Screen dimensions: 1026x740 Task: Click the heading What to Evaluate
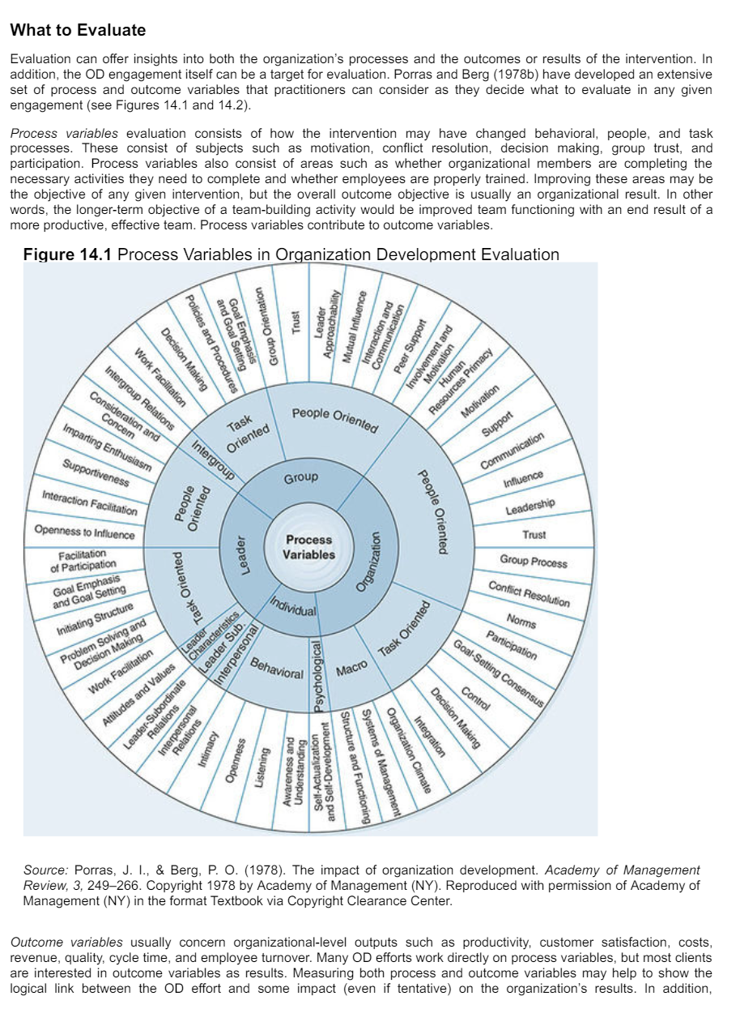click(78, 31)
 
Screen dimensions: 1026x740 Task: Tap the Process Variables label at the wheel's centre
click(309, 547)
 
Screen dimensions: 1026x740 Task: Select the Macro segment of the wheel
click(351, 667)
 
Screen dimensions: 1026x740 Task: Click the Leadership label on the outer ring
click(530, 507)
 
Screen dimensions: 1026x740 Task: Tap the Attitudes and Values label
click(133, 690)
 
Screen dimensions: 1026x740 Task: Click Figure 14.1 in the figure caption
click(68, 254)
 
